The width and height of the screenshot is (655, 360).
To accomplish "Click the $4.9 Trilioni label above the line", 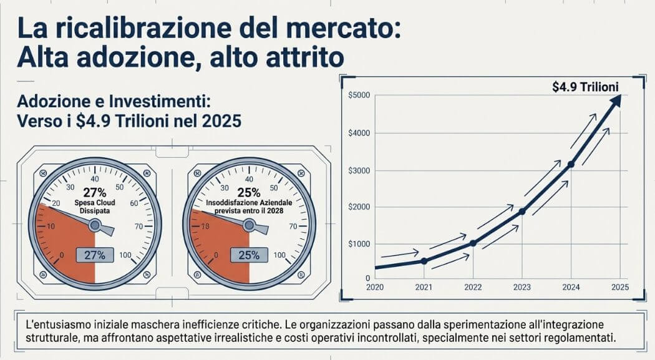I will pos(585,87).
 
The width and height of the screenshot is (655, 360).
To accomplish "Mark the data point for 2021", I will pos(424,261).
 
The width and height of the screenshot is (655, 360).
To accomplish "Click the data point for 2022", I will pos(472,243).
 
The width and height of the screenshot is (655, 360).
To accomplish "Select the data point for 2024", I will pos(571,164).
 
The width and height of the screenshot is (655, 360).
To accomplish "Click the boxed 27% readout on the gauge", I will pos(94,255).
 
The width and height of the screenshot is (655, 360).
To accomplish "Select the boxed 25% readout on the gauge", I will pos(249,255).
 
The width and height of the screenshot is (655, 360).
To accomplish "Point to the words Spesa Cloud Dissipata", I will pos(94,207).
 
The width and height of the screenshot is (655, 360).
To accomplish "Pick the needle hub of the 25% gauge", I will pos(249,226).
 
